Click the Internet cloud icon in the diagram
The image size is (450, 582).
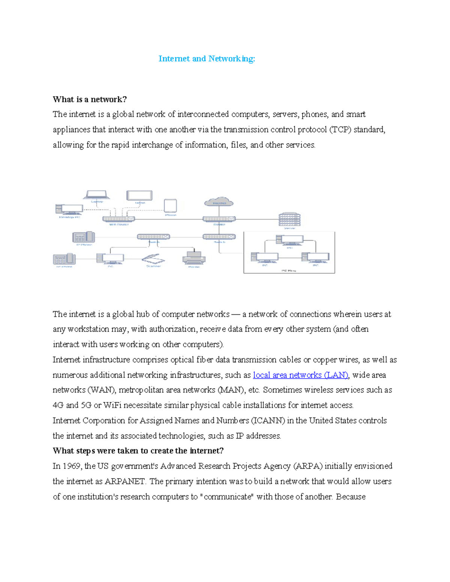tap(219, 202)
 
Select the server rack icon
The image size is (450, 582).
tap(289, 219)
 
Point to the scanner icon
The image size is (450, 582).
tap(153, 259)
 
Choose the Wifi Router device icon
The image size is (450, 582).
tap(118, 218)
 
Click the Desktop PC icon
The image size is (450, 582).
tap(69, 209)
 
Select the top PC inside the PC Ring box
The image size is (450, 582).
tap(289, 240)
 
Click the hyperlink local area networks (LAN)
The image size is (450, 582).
tap(301, 375)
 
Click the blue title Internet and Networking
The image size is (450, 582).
tap(207, 58)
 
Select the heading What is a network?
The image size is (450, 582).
tap(90, 99)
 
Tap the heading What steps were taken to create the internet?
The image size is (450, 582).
tap(138, 450)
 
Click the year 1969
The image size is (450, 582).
tap(72, 466)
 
